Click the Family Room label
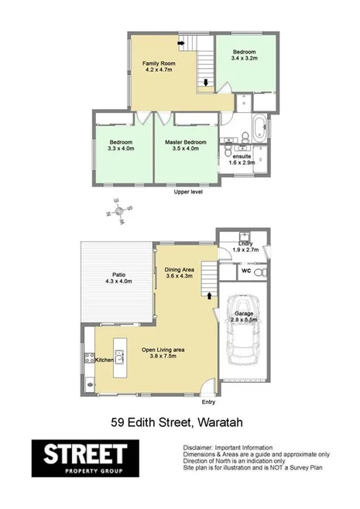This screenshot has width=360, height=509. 161,63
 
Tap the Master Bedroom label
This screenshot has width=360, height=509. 185,143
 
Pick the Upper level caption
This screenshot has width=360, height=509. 187,192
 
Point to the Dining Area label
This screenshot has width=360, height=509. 179,270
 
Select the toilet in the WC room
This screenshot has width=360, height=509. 262,272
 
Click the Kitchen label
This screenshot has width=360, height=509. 105,360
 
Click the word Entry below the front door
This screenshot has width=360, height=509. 208,402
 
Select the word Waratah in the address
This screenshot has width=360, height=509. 225,423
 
